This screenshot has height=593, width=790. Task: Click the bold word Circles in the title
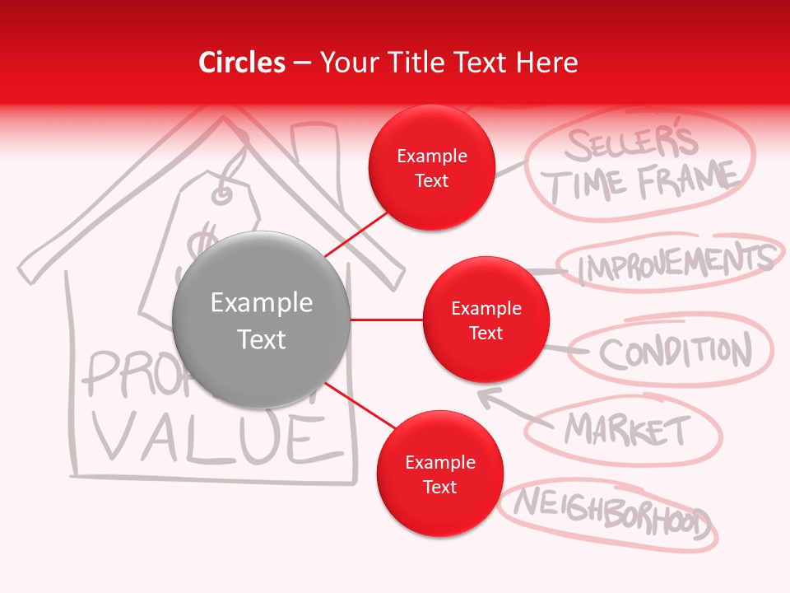pos(241,63)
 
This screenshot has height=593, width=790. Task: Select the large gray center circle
pos(261,320)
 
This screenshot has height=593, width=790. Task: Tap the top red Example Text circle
pos(431,168)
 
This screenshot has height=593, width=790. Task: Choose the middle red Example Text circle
pos(486,320)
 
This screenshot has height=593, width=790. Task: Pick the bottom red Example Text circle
pos(439,474)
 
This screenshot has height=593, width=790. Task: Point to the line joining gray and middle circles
pos(386,320)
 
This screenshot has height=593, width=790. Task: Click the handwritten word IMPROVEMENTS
pos(675,264)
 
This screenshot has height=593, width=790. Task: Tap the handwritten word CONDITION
pos(675,352)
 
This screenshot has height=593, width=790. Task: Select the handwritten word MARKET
pos(627,429)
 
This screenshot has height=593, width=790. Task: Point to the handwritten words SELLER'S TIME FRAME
pos(642,165)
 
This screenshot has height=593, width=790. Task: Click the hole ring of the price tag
pos(222,194)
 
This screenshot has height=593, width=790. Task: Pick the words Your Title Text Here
pos(448,63)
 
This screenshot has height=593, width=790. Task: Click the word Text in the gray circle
pos(261,339)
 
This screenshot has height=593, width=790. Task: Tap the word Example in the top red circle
pos(431,156)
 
